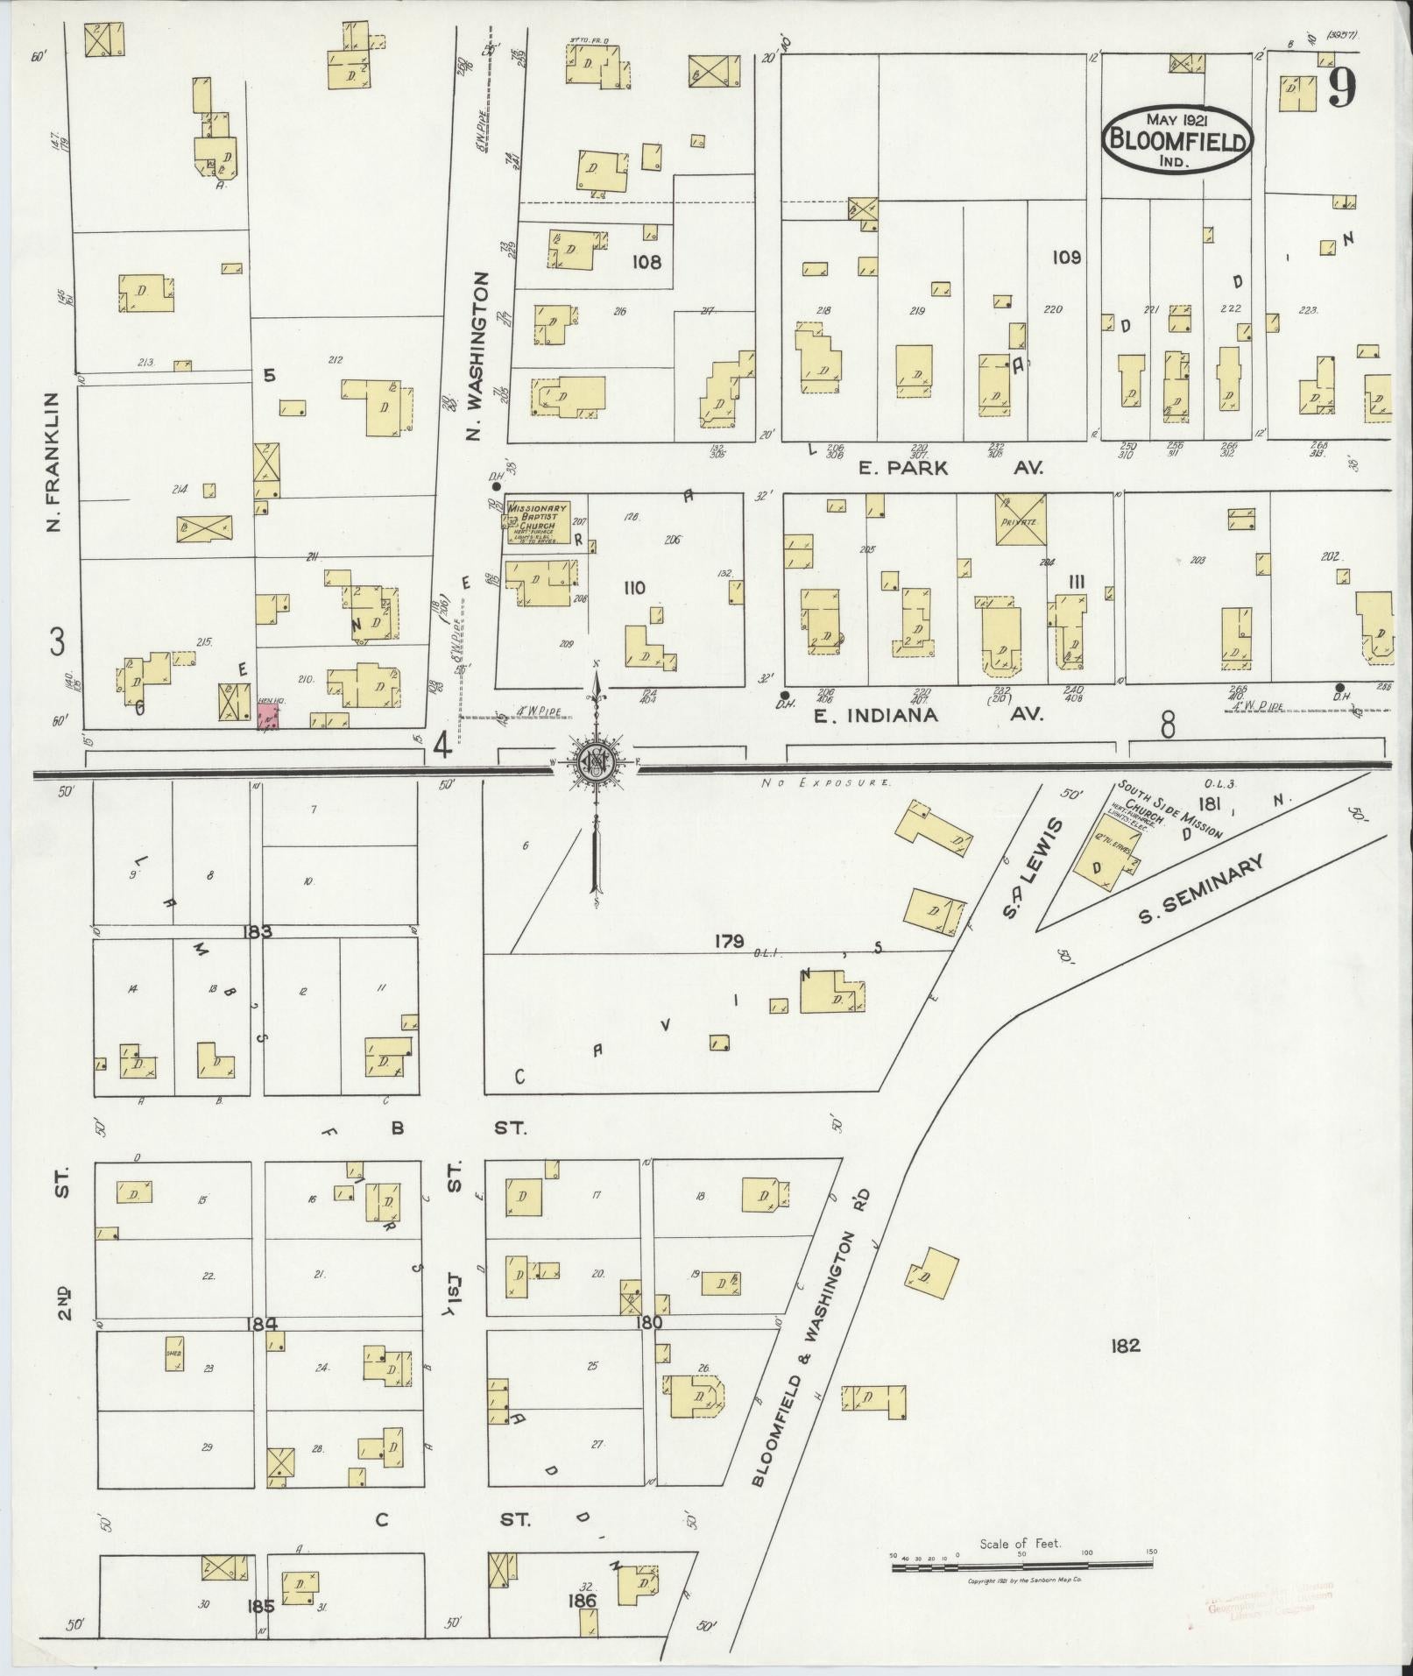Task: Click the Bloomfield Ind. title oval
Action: coord(1177,139)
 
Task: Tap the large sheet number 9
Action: coord(1341,87)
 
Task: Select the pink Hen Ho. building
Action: coord(269,717)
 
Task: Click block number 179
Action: coord(729,942)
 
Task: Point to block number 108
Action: coord(648,261)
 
